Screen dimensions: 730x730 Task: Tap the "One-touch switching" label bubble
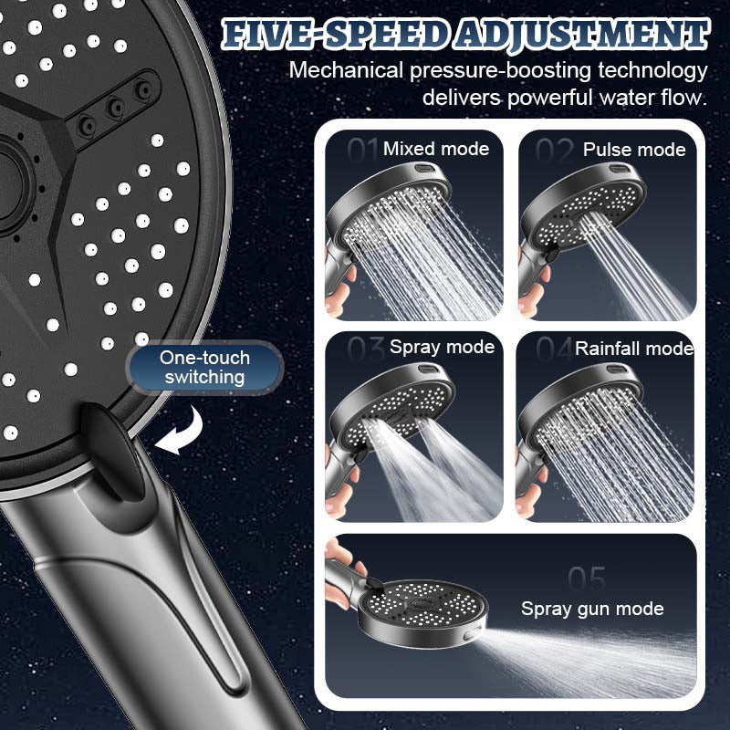click(x=203, y=366)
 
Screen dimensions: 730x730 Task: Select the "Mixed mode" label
click(x=435, y=149)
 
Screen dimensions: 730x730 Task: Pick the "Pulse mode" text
click(x=634, y=150)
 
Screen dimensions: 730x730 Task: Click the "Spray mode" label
click(x=442, y=347)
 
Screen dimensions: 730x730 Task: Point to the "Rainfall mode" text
click(x=634, y=348)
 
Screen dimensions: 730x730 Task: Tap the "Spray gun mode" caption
click(x=592, y=608)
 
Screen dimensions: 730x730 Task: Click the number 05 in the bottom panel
click(x=586, y=578)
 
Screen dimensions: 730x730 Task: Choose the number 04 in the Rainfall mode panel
click(x=554, y=349)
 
